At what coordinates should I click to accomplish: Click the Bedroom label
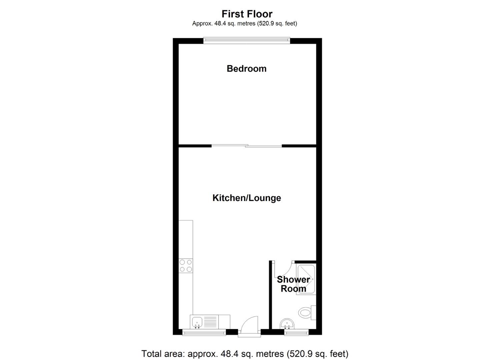pyautogui.click(x=246, y=69)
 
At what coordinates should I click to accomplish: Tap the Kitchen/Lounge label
pyautogui.click(x=247, y=198)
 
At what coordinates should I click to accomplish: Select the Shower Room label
pyautogui.click(x=293, y=284)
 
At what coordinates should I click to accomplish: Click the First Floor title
pyautogui.click(x=247, y=14)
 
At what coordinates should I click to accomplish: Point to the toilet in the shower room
pyautogui.click(x=305, y=313)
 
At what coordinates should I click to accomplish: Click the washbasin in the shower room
pyautogui.click(x=287, y=323)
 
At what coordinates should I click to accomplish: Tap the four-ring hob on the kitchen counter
pyautogui.click(x=186, y=266)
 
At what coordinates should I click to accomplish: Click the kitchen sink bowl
pyautogui.click(x=197, y=322)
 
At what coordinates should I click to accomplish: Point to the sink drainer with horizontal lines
pyautogui.click(x=210, y=322)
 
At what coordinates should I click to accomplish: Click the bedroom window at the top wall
pyautogui.click(x=247, y=40)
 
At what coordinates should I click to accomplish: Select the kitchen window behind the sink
pyautogui.click(x=204, y=332)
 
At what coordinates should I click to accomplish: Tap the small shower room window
pyautogui.click(x=296, y=332)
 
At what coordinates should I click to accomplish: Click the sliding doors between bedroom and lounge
pyautogui.click(x=247, y=146)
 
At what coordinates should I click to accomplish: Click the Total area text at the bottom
pyautogui.click(x=245, y=353)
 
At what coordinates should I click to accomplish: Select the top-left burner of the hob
pyautogui.click(x=182, y=262)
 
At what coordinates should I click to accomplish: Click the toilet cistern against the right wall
pyautogui.click(x=313, y=313)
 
